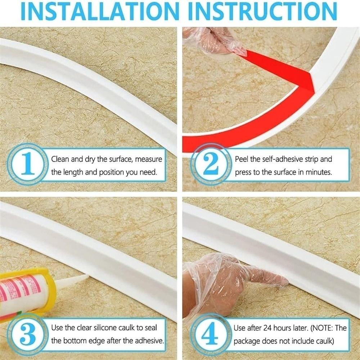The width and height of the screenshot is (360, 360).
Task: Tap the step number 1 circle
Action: (27, 165)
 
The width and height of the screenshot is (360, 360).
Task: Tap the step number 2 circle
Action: (211, 165)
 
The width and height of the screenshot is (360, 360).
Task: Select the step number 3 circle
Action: (27, 334)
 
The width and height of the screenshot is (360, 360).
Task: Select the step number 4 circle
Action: (211, 334)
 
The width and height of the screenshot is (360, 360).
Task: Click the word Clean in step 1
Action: (60, 159)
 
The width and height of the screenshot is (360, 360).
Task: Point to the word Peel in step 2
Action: (242, 159)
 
